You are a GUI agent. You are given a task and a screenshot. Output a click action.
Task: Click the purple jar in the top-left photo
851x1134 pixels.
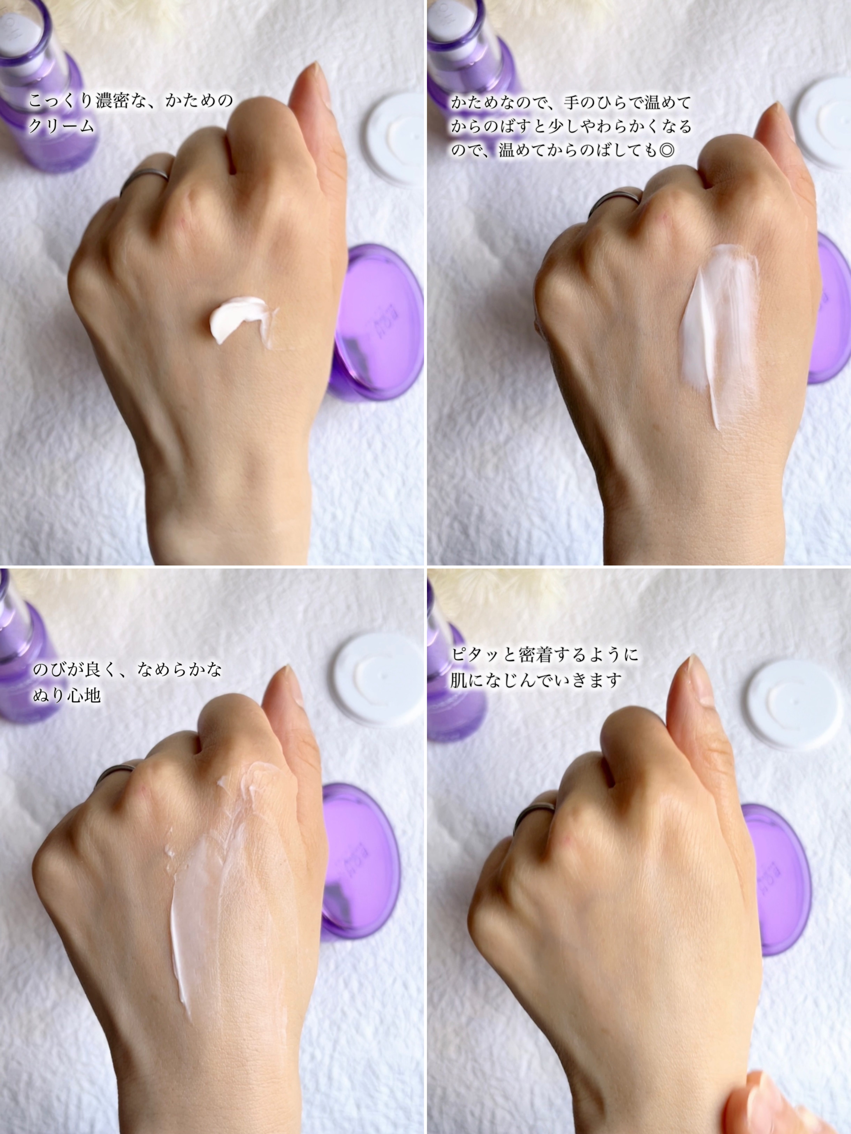[x=376, y=323]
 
